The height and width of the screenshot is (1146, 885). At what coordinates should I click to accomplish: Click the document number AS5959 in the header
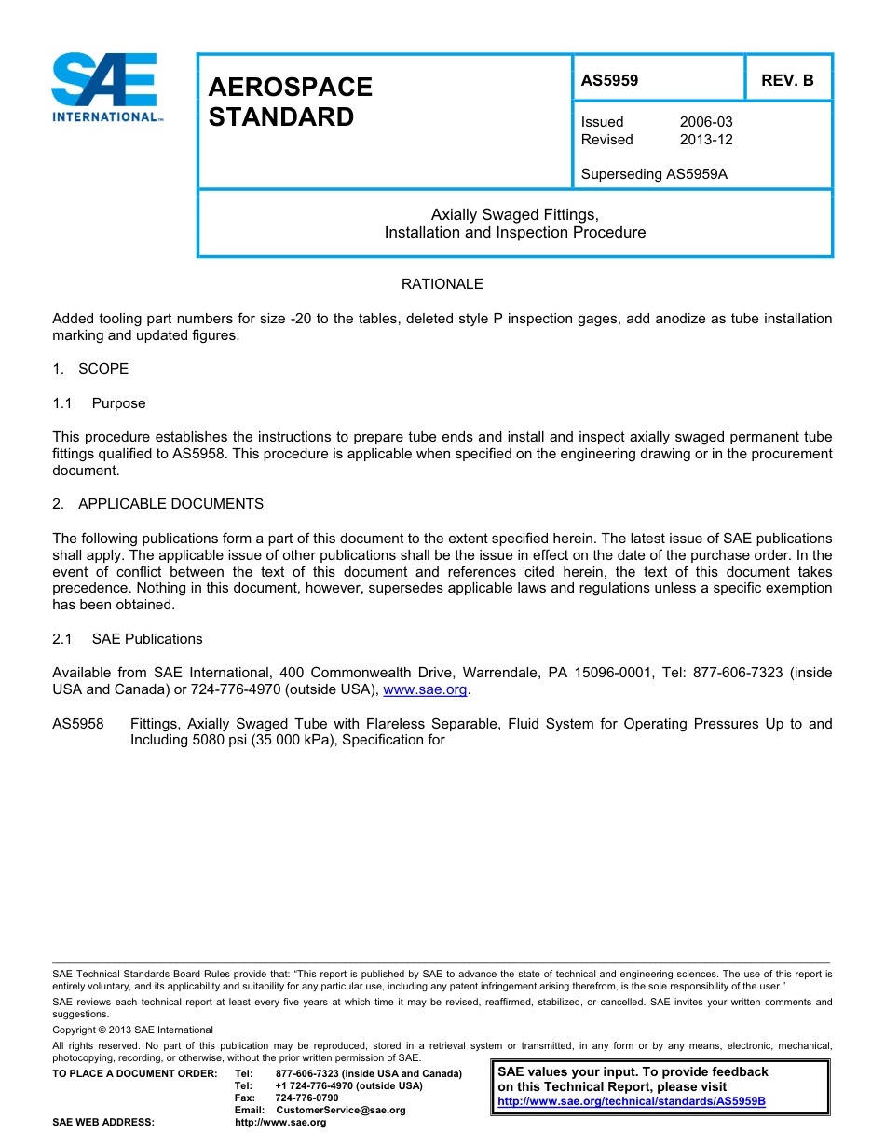coord(609,80)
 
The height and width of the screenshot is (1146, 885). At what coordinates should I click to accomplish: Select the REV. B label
coord(787,80)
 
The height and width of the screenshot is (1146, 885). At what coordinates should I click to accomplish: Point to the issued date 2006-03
coord(706,122)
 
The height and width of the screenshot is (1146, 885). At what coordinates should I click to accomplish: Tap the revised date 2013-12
coord(706,140)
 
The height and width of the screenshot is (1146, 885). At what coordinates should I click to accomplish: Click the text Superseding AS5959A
coord(653,174)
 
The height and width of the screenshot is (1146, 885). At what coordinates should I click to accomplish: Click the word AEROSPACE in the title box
coord(291,88)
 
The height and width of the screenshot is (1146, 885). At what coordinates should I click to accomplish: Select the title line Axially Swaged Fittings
coord(514,215)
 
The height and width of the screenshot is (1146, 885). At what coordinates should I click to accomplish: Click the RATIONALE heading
coord(442,284)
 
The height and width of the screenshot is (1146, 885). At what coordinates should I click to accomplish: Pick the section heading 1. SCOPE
coord(90,369)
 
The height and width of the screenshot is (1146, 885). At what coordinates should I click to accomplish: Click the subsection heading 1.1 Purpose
coord(99,403)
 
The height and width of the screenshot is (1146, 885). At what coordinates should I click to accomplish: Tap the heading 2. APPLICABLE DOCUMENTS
coord(157,504)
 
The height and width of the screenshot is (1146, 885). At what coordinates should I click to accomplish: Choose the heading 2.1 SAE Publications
coord(128,639)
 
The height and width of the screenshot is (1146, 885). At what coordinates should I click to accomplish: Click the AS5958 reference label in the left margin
coord(78,724)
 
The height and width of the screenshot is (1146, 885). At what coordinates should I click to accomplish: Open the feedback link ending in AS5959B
coord(632,1101)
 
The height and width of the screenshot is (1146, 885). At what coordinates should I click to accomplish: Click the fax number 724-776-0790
coord(306,1098)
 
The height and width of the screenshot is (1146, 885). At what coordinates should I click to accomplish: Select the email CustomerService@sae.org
coord(341,1111)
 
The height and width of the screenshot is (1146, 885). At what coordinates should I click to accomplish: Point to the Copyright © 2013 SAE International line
coord(132,1030)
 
